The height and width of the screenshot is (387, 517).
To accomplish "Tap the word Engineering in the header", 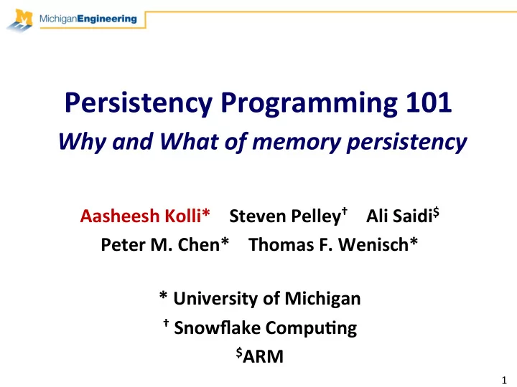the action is click(x=107, y=19).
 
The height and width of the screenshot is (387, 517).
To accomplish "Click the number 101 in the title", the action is click(x=429, y=102).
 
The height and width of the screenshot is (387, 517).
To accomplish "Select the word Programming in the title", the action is click(x=309, y=104).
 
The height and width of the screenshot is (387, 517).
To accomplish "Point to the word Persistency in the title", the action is click(x=139, y=104).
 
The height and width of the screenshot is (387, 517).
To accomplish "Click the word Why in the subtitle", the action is click(x=83, y=142).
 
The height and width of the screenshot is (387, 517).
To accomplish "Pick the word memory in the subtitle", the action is click(x=297, y=143).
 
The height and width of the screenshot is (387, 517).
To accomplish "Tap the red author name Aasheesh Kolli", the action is click(x=145, y=216).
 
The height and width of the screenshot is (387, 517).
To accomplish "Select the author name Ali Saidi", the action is click(x=403, y=216).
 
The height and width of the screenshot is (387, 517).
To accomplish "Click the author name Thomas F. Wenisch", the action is click(x=333, y=244).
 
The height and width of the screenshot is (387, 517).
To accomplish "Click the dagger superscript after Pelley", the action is click(x=345, y=211).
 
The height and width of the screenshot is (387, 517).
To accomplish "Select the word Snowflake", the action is click(x=218, y=328).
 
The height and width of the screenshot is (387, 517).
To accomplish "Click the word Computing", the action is click(x=311, y=328).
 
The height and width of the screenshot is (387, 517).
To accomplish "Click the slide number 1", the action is click(x=504, y=380).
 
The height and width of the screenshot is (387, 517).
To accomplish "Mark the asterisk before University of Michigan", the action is click(x=163, y=295).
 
